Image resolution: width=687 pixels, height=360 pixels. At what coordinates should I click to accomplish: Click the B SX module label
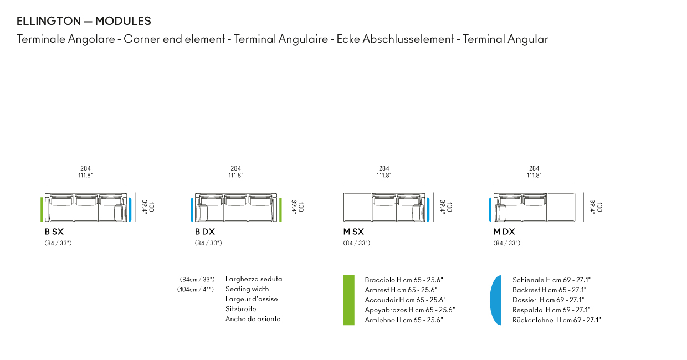point(54,232)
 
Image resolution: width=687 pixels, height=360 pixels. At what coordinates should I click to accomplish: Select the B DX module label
point(204,232)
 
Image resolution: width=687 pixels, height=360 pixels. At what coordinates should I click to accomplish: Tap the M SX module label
point(353,232)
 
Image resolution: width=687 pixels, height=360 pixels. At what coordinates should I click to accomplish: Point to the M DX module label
point(504,232)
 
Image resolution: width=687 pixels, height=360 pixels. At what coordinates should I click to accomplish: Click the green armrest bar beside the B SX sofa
point(42,209)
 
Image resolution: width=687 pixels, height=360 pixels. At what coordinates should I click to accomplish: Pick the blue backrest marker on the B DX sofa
point(192,209)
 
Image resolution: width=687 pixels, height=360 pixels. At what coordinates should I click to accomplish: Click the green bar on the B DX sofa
point(280,210)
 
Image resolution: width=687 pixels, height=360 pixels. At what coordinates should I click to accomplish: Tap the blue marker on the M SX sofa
point(428,210)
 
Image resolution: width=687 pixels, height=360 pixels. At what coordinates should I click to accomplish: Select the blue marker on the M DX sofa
point(490,210)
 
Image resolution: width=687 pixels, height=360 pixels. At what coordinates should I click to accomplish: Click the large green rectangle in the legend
point(348,300)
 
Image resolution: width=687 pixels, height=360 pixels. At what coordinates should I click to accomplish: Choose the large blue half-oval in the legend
point(496,300)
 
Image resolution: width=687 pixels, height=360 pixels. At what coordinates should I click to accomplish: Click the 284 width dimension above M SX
point(384,168)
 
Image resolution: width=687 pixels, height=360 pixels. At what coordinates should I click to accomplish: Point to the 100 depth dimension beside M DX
point(600,207)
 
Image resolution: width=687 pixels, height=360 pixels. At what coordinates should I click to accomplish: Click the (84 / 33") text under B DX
point(208,243)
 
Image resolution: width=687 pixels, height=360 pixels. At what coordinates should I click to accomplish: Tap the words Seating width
point(247,289)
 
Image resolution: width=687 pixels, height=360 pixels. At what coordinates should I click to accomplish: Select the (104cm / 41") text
point(196,289)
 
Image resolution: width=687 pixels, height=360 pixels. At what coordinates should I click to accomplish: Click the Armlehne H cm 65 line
point(404,320)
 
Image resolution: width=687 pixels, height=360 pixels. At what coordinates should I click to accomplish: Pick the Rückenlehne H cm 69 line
point(557,320)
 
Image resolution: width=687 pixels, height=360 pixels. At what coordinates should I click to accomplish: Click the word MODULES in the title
point(123,21)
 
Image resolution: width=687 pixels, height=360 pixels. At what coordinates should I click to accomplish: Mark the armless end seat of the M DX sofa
point(561,207)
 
